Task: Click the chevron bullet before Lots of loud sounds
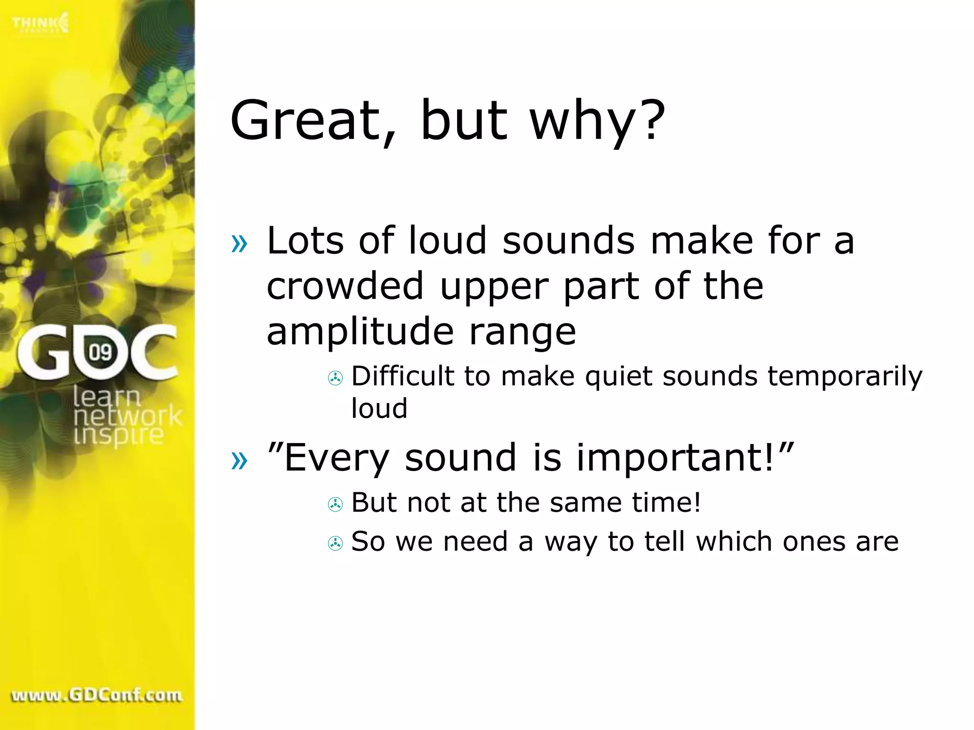pos(239,243)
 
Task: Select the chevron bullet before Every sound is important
pos(239,460)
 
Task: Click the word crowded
pos(345,286)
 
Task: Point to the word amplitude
pos(360,332)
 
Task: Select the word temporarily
pos(845,376)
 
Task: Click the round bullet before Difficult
pos(335,378)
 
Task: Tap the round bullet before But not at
pos(335,504)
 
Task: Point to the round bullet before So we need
pos(335,543)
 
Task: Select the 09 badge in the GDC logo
pos(100,352)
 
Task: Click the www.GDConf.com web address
pos(97,695)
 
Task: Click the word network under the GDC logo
pos(127,416)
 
